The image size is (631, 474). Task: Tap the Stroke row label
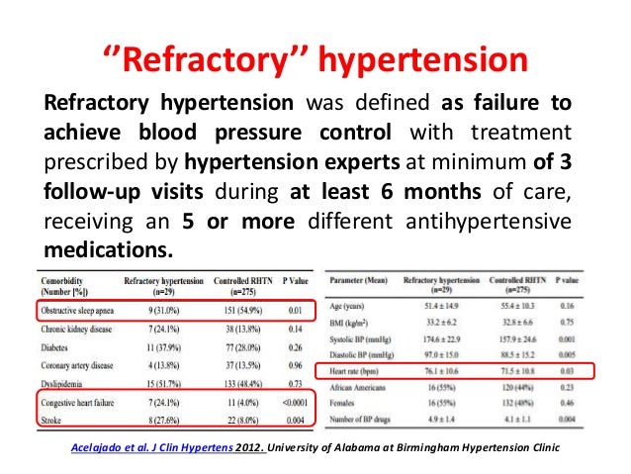tap(49, 421)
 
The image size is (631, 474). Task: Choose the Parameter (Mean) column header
tap(359, 281)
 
